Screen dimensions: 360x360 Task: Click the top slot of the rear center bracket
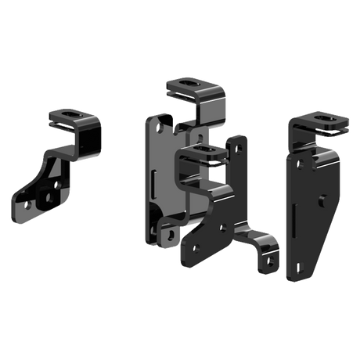(189, 85)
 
